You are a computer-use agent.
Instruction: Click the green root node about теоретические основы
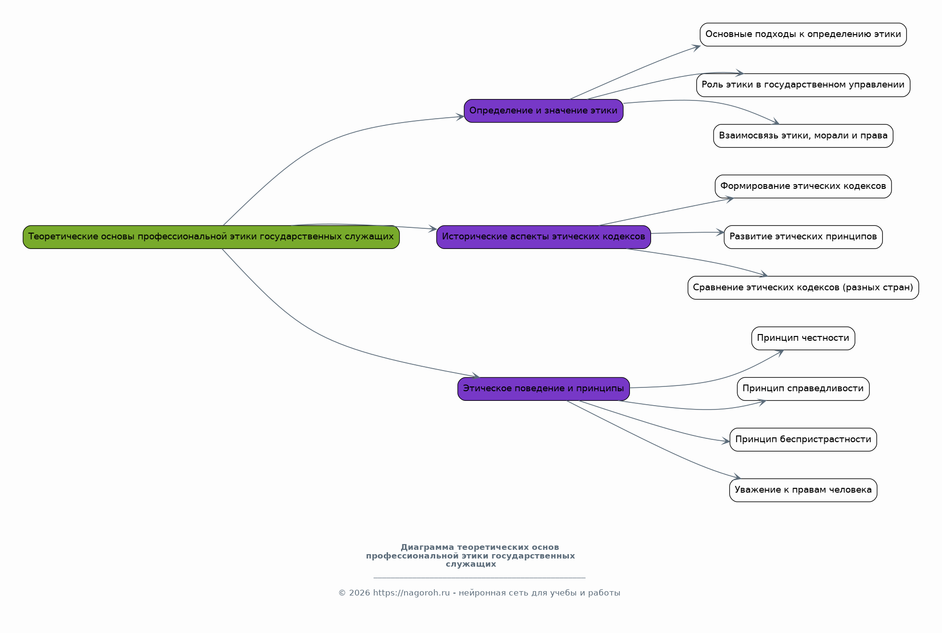211,237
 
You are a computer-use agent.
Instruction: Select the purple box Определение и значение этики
543,111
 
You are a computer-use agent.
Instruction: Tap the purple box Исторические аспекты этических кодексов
543,237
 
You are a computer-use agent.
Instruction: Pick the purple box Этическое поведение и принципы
543,389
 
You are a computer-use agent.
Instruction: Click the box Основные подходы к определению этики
803,35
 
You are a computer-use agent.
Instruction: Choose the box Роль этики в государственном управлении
803,85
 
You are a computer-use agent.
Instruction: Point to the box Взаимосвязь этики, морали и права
803,136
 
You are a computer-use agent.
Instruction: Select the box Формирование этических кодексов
803,186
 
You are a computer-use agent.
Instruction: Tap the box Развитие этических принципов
803,237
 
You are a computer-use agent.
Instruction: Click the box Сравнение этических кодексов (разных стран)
803,288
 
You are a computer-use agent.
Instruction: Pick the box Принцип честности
803,338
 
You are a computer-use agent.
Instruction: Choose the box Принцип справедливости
803,389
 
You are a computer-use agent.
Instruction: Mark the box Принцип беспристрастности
803,440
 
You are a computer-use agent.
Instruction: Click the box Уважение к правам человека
803,490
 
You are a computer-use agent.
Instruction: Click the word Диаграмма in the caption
427,547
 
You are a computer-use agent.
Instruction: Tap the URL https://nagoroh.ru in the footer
411,593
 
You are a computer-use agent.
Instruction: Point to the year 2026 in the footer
360,593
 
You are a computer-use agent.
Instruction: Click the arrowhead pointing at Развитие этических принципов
721,233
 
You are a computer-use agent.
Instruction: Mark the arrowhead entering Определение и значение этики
461,117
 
